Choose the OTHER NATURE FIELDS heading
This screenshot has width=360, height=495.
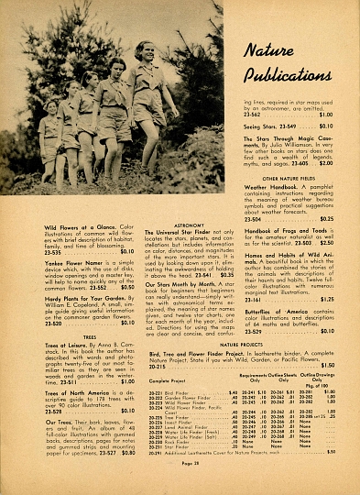pyautogui.click(x=289, y=178)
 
